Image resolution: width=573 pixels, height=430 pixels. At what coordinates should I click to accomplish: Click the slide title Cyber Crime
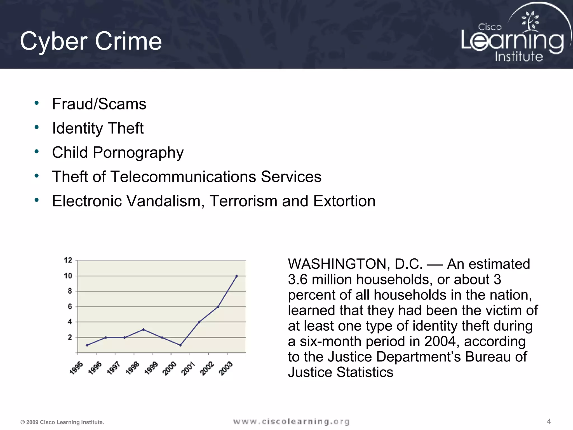[91, 41]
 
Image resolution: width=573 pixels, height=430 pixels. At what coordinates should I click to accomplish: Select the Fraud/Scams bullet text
[99, 104]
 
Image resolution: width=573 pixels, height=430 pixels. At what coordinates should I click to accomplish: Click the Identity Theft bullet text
[98, 128]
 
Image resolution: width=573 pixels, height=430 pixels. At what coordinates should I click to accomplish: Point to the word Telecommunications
[184, 177]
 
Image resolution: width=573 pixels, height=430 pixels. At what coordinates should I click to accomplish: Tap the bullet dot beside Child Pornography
[36, 152]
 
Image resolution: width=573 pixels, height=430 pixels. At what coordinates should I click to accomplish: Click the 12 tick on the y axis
[68, 260]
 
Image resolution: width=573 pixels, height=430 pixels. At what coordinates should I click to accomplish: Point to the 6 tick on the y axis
[70, 307]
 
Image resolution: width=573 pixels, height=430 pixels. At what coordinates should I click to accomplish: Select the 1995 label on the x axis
[76, 368]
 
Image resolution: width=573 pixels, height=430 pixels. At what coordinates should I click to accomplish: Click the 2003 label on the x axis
[226, 368]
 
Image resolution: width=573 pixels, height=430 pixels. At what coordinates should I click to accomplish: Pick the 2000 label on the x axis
[170, 368]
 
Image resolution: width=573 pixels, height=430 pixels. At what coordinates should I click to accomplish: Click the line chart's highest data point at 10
[237, 276]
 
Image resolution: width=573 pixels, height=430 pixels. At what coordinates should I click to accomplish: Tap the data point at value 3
[143, 329]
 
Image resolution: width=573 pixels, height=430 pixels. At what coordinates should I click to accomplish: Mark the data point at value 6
[218, 307]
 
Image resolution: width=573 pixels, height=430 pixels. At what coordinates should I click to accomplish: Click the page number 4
[549, 421]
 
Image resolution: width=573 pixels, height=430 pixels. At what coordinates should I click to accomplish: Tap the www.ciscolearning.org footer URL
[291, 422]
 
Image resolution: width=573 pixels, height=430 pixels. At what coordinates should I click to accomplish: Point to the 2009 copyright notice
[62, 422]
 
